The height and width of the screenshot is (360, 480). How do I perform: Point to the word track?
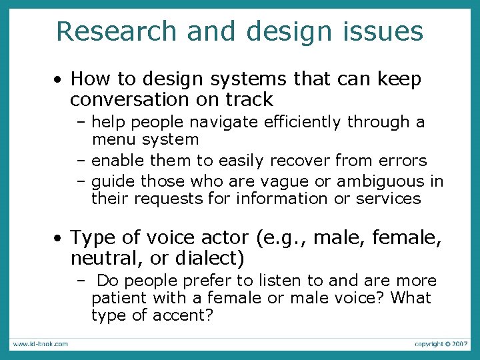coord(250,100)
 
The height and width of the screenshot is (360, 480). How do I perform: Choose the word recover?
coord(296,161)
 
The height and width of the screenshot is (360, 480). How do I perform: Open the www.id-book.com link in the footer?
coord(39,344)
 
